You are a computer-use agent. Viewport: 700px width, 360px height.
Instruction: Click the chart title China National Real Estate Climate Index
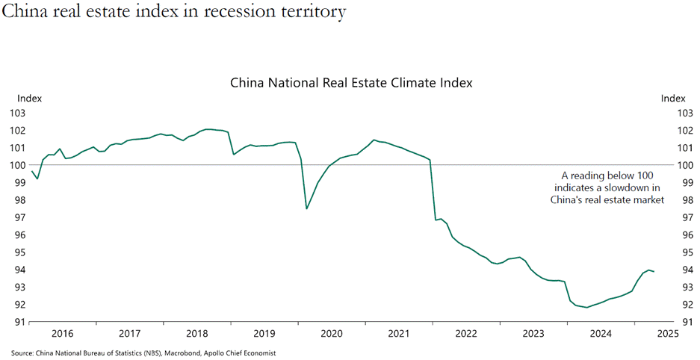tap(351, 82)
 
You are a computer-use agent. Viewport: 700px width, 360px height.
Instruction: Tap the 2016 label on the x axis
tap(62, 333)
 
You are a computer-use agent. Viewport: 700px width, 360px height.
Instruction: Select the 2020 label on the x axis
tap(331, 333)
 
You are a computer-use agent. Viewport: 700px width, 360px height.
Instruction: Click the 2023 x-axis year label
tap(533, 333)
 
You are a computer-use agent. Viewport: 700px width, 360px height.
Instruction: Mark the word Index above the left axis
tap(30, 99)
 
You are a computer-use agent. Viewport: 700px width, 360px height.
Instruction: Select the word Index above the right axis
tap(673, 99)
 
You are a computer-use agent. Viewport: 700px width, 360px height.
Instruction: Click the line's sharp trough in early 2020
tap(307, 208)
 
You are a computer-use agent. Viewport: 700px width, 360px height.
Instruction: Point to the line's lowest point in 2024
tap(587, 307)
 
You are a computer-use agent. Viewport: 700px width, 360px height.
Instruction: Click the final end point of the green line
tap(654, 271)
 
